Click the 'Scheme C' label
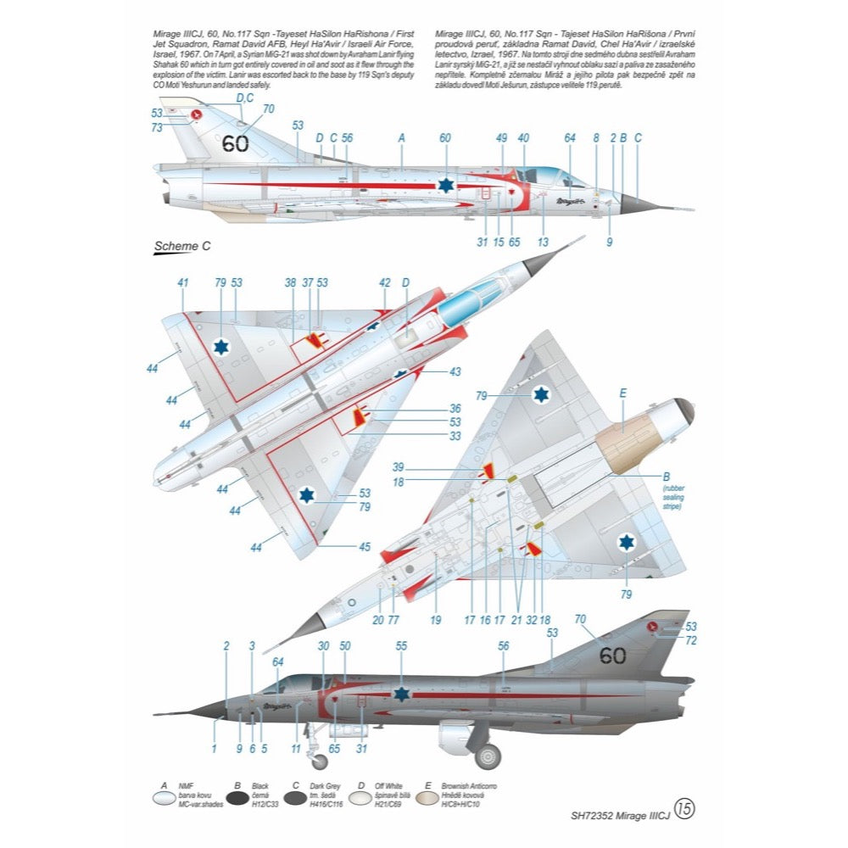coord(181,247)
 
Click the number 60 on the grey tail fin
coord(612,656)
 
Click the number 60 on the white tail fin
coord(235,143)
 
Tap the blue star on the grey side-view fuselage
coord(402,694)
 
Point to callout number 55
coord(402,646)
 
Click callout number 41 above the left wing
coord(182,282)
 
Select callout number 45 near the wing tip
coord(364,547)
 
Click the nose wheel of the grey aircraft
coord(319,761)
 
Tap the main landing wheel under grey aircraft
coord(488,756)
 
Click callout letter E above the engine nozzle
coord(623,393)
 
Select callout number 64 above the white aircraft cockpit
coord(569,137)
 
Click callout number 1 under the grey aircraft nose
coord(215,749)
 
